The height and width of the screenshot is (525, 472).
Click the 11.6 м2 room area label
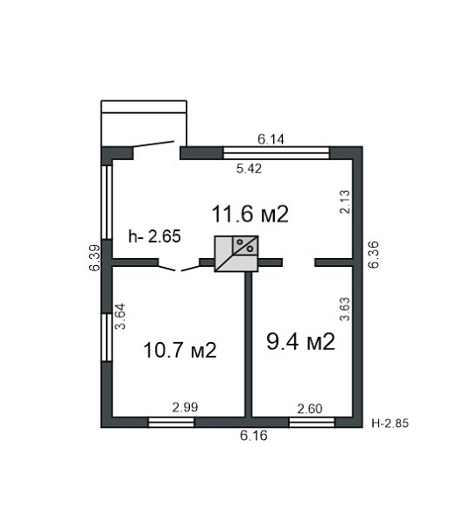(250, 214)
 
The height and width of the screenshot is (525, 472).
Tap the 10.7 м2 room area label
(180, 350)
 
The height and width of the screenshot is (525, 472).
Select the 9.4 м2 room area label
(300, 341)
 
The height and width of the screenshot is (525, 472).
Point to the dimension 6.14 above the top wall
(271, 139)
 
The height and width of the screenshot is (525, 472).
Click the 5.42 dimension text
(249, 168)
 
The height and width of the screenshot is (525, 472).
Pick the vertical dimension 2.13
(345, 201)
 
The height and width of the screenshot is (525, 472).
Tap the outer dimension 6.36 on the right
(373, 255)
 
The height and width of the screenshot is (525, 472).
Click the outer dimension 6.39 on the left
(95, 258)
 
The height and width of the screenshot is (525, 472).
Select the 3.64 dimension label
(120, 317)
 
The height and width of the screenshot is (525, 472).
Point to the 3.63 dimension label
(345, 309)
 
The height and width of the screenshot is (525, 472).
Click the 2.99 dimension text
(185, 407)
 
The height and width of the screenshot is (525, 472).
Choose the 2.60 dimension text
(310, 409)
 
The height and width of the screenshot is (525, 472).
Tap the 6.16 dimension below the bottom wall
(254, 436)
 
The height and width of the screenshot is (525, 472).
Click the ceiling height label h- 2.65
(154, 236)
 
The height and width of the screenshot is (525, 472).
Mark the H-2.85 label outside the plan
(391, 423)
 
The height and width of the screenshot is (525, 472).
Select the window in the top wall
(277, 152)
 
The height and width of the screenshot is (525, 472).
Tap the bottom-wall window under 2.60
(312, 423)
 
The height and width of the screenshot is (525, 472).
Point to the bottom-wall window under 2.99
(171, 423)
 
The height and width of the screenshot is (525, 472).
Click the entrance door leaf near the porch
(153, 144)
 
